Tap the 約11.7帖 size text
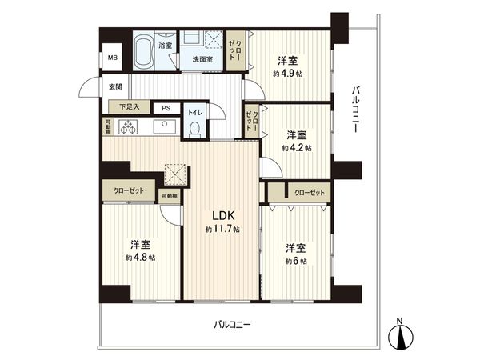coord(222,230)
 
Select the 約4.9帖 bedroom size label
coord(289,71)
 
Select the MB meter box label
coord(113,58)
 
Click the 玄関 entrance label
coord(115,86)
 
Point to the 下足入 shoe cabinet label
coord(130,106)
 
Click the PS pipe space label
coord(166,107)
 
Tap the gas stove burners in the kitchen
coord(128,126)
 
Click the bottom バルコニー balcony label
coord(232,325)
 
